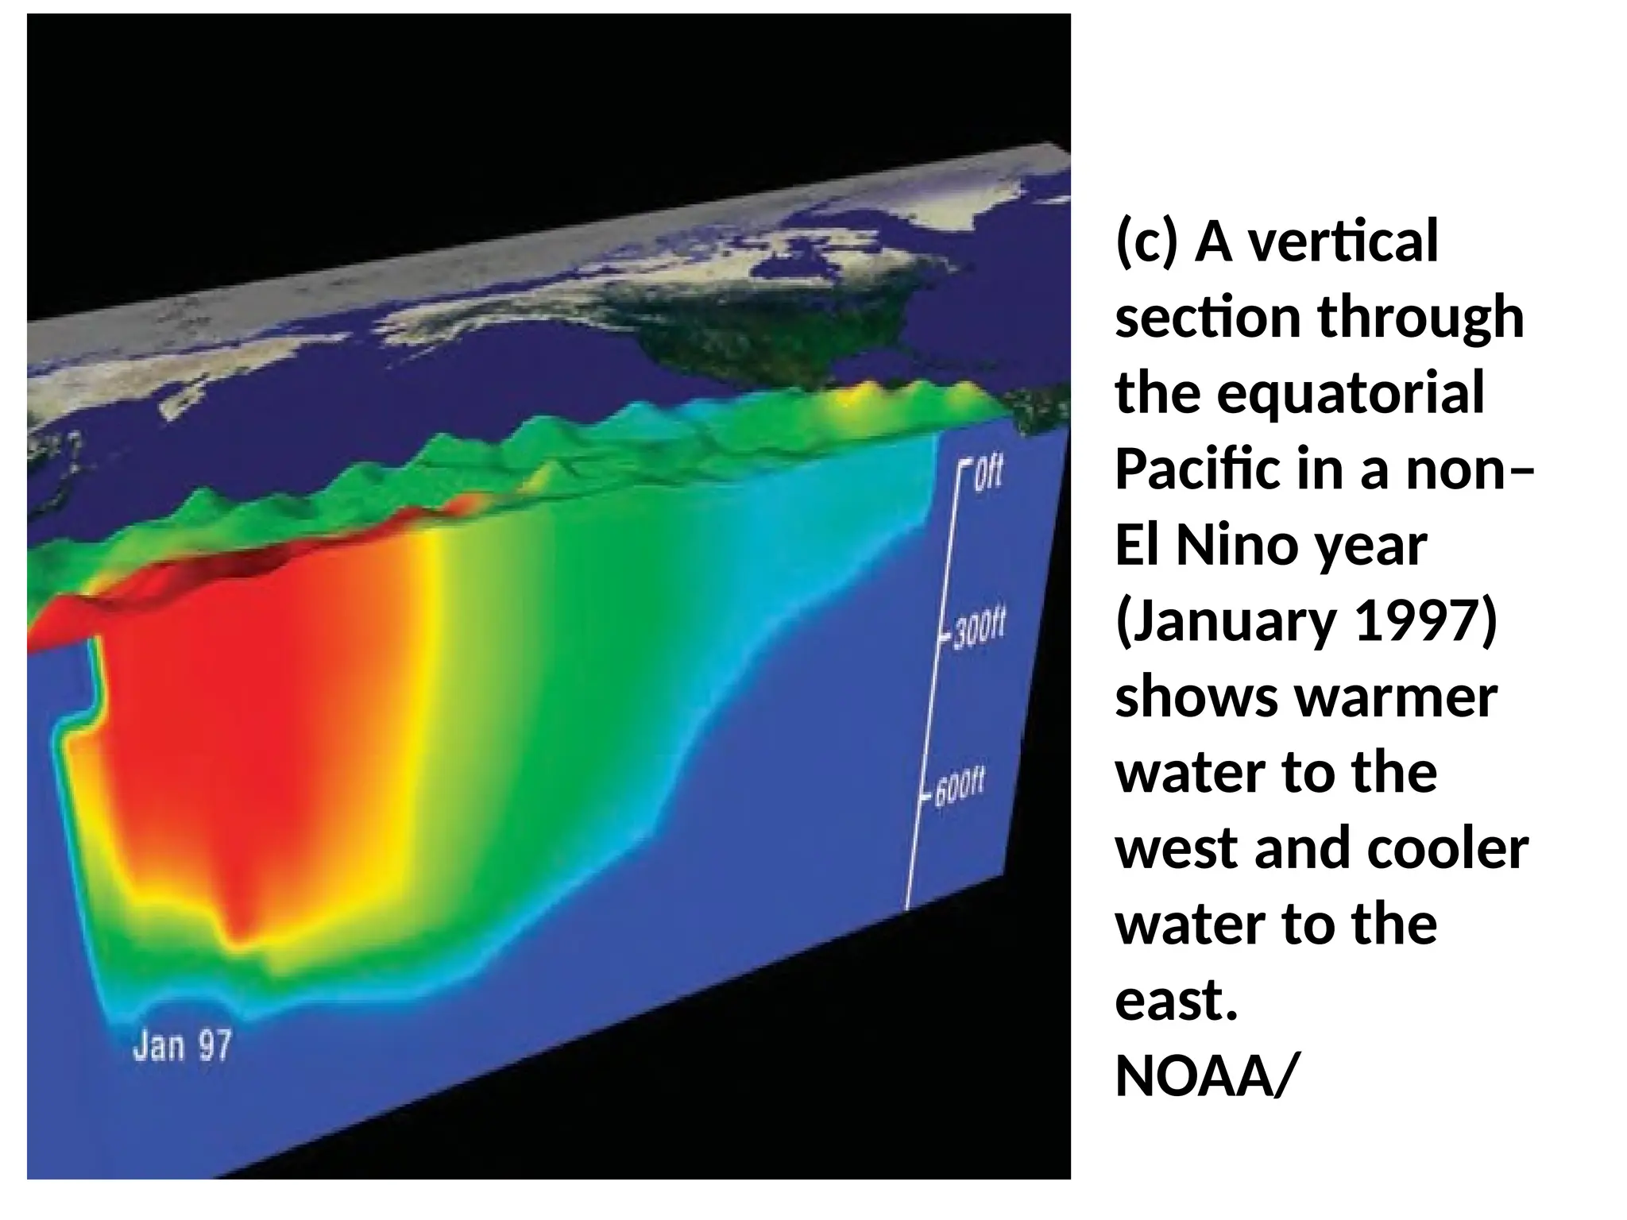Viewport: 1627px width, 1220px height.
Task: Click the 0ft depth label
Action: pos(988,475)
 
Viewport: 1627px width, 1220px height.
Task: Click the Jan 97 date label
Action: pos(182,1045)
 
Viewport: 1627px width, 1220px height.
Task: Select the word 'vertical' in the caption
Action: pos(1343,241)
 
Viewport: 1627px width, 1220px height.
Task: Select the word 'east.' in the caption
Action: pos(1177,1001)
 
